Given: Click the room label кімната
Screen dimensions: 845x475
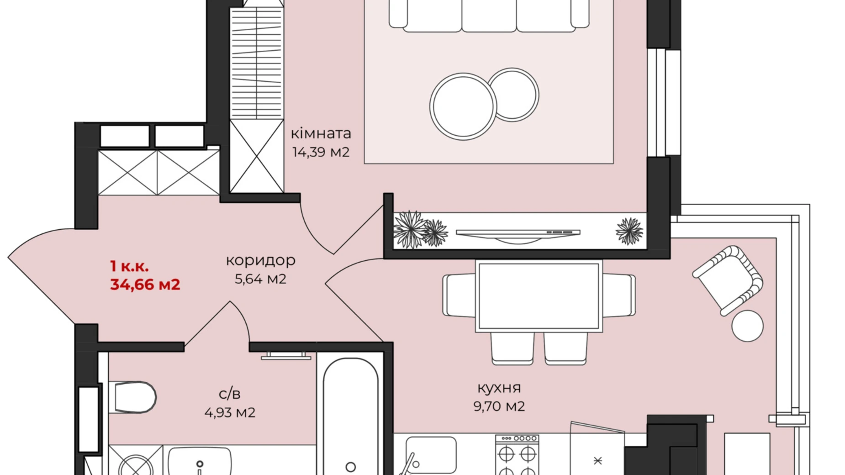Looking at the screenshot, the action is (321, 133).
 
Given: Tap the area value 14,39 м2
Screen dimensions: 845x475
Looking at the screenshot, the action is (321, 152).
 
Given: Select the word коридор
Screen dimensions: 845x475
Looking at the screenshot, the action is (261, 261).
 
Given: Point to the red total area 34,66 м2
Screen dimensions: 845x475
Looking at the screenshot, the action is (145, 285).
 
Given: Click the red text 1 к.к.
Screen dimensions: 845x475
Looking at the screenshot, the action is (129, 266).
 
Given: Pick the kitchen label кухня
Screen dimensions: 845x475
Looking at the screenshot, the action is (499, 388).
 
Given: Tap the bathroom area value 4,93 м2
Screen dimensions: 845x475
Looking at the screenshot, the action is (230, 413).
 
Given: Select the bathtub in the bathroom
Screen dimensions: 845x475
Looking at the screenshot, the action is (351, 416).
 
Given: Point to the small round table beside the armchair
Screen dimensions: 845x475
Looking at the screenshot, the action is (747, 326).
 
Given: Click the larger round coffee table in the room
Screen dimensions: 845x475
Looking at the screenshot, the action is (463, 106).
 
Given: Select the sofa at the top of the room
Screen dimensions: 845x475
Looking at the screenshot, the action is (489, 16).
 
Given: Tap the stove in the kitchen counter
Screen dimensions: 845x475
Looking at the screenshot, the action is (517, 455).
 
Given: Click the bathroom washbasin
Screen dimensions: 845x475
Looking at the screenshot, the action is (200, 461).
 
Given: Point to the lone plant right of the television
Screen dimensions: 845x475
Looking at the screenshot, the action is (629, 231).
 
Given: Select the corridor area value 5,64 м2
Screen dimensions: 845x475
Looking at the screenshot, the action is (261, 279).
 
